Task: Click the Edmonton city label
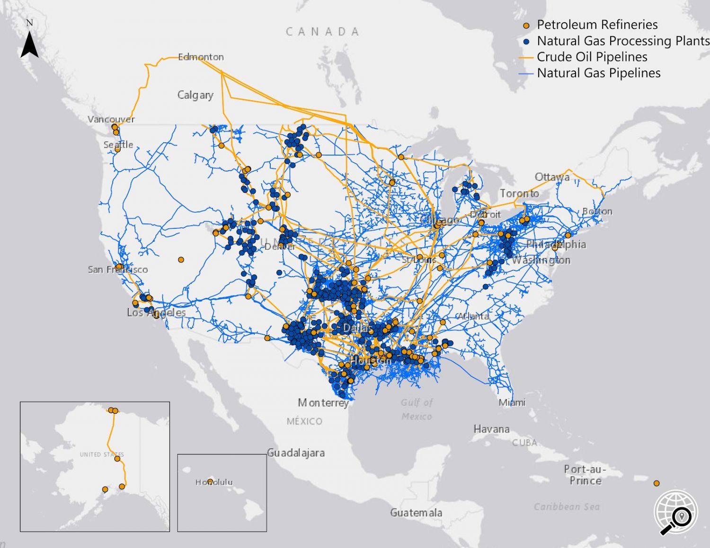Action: click(201, 57)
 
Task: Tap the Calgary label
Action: click(195, 95)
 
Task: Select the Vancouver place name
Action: click(111, 119)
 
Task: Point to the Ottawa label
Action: click(552, 177)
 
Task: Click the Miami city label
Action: click(512, 402)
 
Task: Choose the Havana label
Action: click(491, 429)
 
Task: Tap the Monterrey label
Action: click(323, 403)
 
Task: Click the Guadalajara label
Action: click(296, 452)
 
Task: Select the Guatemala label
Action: click(416, 513)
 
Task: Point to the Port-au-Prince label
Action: click(585, 475)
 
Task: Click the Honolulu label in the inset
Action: click(214, 482)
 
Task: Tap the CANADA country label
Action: click(322, 32)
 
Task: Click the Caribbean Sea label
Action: click(567, 506)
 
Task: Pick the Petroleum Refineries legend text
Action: click(597, 25)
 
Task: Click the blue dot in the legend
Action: click(526, 42)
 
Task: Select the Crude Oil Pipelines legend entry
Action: click(592, 57)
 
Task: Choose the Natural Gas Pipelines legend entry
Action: click(598, 73)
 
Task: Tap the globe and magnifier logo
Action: click(676, 513)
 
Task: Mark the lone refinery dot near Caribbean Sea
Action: click(657, 483)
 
